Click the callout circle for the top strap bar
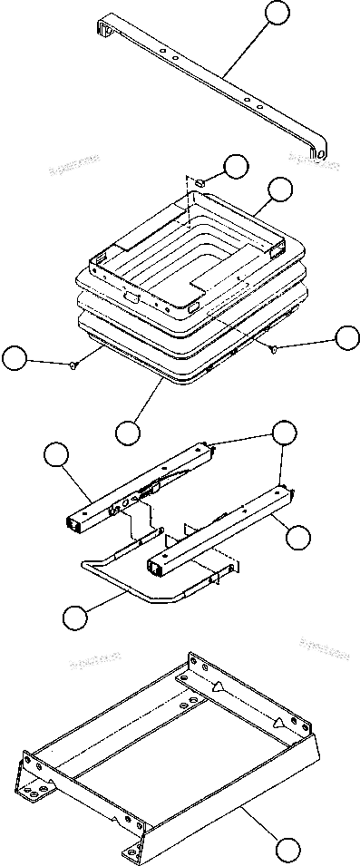pyautogui.click(x=277, y=14)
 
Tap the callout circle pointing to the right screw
pyautogui.click(x=346, y=337)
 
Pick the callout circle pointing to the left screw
pyautogui.click(x=14, y=358)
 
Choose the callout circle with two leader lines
pyautogui.click(x=285, y=433)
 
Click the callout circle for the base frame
pyautogui.click(x=287, y=850)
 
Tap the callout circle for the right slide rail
pyautogui.click(x=297, y=537)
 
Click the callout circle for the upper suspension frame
pyautogui.click(x=280, y=190)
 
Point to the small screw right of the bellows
pyautogui.click(x=271, y=348)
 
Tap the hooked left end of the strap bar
pyautogui.click(x=101, y=30)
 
